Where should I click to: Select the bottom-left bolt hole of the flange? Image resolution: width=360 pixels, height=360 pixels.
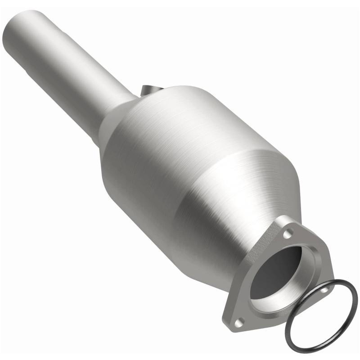(x=240, y=321)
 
